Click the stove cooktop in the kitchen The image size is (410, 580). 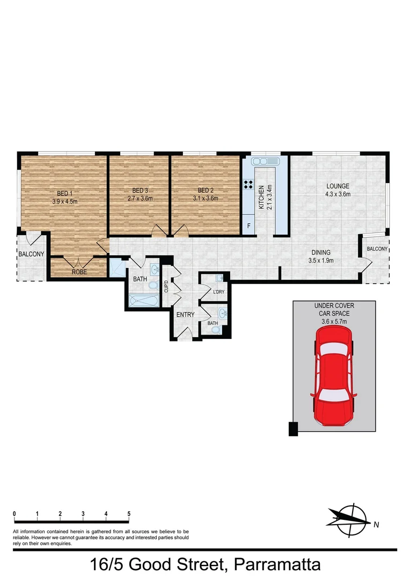(248, 185)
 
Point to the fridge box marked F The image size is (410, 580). (248, 226)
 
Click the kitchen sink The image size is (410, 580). (264, 161)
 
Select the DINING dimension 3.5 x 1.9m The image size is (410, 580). (321, 260)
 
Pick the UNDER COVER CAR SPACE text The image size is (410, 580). (334, 309)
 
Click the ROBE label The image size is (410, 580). (79, 272)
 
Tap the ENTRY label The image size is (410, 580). (185, 315)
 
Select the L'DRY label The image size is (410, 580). (218, 292)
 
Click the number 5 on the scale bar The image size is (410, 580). (129, 514)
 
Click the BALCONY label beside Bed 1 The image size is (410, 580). (31, 254)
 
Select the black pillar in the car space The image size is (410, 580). (293, 429)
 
